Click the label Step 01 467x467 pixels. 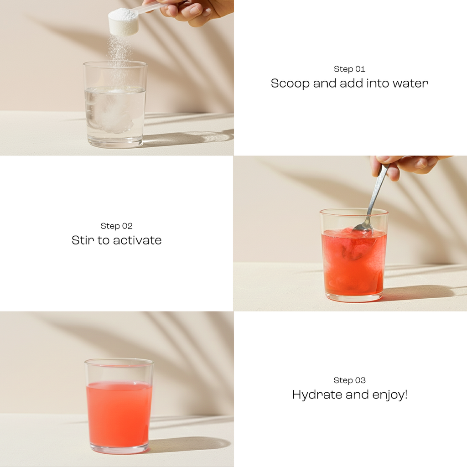[349, 69]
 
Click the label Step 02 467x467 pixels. [116, 226]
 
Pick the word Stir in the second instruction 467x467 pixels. [83, 240]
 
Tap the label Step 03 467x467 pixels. [349, 380]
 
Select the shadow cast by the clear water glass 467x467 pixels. [192, 137]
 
